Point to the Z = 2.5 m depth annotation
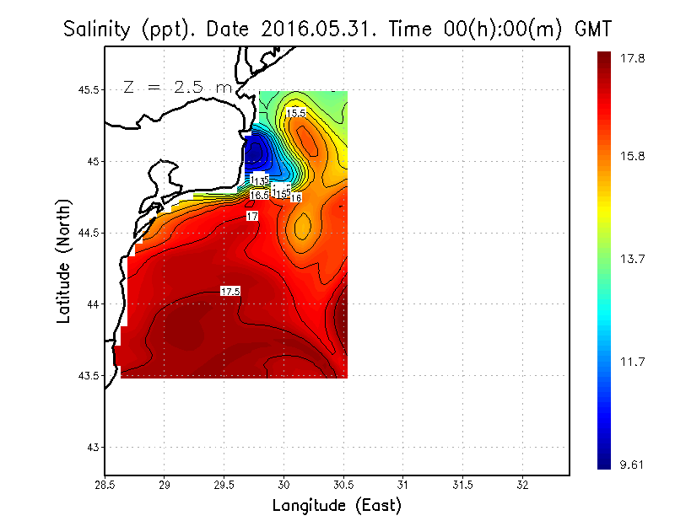point(175,87)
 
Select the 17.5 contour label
point(230,291)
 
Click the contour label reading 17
point(251,217)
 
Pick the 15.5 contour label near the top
point(296,112)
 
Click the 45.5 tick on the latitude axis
point(86,89)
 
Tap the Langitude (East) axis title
point(337,506)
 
